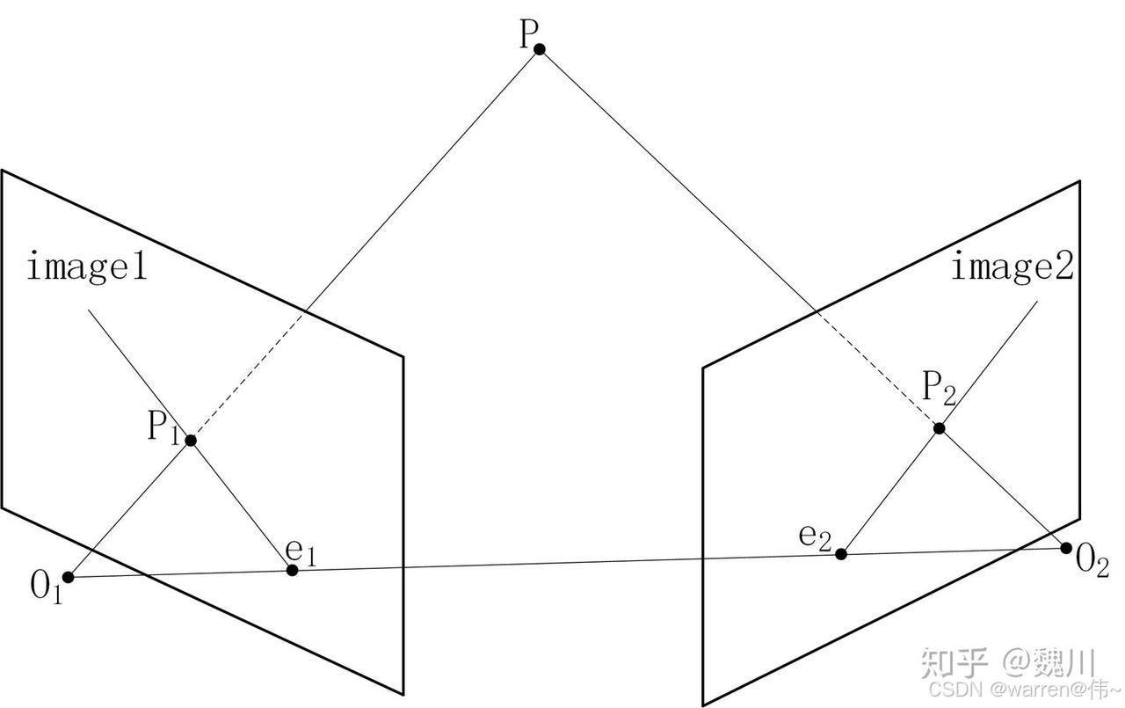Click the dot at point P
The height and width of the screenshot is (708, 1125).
tap(540, 49)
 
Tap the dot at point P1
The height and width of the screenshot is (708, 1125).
tap(191, 440)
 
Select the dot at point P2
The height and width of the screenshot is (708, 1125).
tap(939, 428)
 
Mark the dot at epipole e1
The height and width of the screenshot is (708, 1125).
tap(293, 570)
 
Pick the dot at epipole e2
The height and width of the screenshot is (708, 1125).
tap(841, 553)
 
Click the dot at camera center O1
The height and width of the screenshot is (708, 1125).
tap(69, 577)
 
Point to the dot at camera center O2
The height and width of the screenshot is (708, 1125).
tap(1066, 548)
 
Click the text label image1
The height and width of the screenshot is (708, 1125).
tap(86, 266)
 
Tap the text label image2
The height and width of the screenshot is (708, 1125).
tap(1012, 266)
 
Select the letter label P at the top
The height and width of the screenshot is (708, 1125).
tap(527, 35)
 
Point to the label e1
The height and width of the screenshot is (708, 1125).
tap(300, 551)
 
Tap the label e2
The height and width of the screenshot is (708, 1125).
tap(815, 536)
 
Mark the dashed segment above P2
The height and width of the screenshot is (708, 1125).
tap(875, 368)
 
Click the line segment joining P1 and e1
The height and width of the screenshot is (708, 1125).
tap(242, 505)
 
